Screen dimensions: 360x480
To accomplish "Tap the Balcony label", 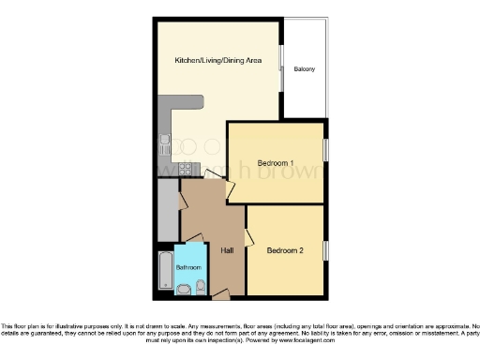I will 304,69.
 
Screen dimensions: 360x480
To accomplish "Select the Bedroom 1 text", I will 276,163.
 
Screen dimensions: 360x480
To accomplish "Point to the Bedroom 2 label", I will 285,250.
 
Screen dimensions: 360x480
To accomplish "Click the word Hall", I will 227,250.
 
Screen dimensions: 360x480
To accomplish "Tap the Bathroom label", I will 188,267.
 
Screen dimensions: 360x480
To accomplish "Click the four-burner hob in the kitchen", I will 186,170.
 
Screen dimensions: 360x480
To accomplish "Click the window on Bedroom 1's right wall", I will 326,150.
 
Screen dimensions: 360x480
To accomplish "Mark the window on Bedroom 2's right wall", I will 326,250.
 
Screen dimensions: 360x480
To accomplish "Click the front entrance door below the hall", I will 221,295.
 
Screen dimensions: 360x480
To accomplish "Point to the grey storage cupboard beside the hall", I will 169,211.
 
